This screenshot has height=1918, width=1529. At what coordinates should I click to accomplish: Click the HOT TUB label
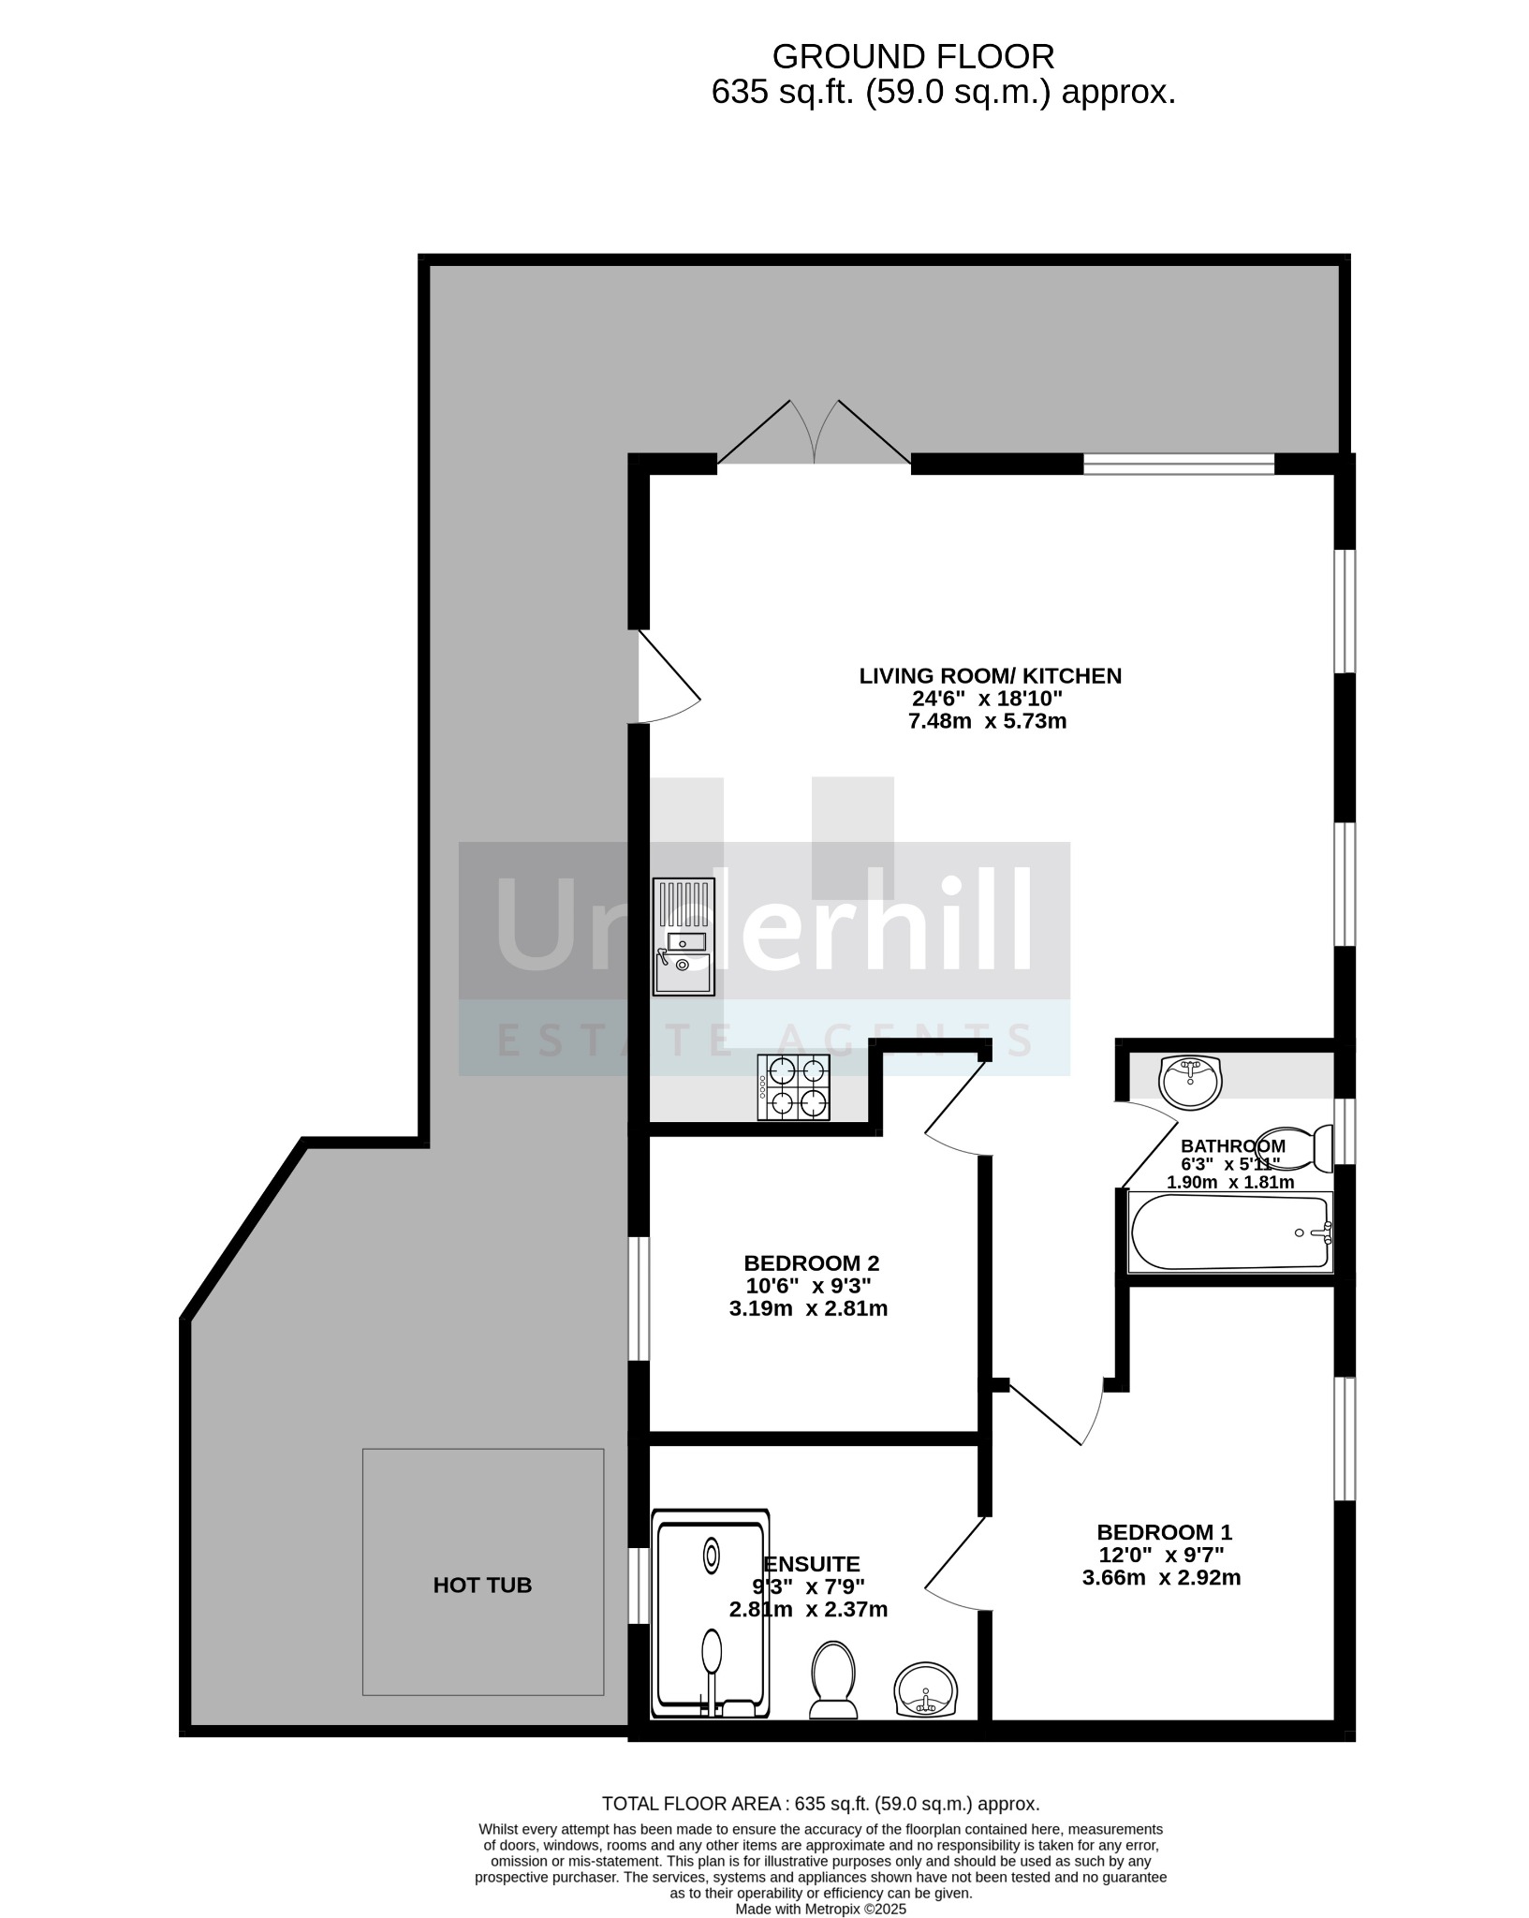tap(482, 1585)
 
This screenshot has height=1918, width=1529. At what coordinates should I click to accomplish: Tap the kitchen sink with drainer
tap(684, 937)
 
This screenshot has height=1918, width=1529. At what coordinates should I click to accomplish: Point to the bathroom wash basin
tap(1190, 1082)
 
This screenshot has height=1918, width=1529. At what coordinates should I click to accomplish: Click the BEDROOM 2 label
tap(811, 1262)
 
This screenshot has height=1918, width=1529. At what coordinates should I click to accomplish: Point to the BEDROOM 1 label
tap(1164, 1532)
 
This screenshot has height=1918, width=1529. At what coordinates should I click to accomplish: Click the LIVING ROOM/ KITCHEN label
tap(990, 675)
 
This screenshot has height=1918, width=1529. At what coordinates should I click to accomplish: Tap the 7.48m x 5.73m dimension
tap(987, 721)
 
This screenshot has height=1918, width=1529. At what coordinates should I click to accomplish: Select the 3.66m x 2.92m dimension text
tap(1161, 1578)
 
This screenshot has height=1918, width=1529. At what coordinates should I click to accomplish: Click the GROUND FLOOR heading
tap(913, 57)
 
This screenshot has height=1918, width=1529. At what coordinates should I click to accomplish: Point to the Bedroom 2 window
tap(639, 1297)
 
